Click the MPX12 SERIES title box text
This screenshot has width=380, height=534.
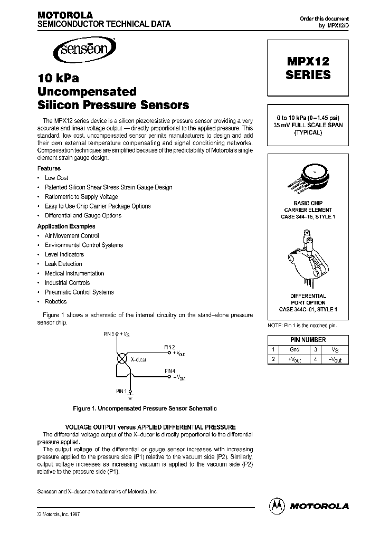pos(308,68)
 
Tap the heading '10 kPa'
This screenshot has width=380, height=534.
pos(58,78)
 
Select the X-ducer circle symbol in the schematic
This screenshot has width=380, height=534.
pos(121,358)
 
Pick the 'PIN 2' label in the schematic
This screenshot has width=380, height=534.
pos(169,347)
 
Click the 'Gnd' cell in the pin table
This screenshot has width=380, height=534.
pos(294,349)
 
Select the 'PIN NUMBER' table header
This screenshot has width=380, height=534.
pos(308,340)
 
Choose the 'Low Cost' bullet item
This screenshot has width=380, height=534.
pos(56,178)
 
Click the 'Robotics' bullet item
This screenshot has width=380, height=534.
pos(55,301)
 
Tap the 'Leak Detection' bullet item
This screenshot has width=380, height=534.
pos(63,264)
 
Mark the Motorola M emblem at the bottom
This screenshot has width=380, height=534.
pos(277,505)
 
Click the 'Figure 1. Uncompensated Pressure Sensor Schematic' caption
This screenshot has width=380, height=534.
pos(144,408)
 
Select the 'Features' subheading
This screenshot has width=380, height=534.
pos(49,168)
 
